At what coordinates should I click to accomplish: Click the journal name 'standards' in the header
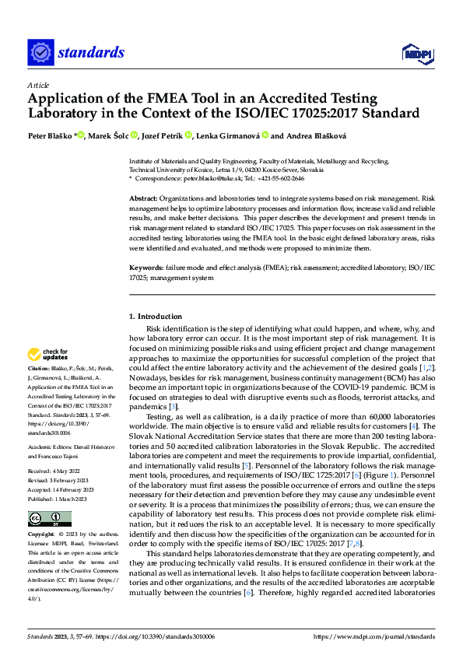point(91,52)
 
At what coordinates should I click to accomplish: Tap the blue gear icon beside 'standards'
point(40,53)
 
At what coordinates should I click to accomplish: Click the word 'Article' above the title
point(38,84)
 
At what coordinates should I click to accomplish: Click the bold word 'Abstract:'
point(146,199)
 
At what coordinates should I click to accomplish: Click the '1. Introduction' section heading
point(156,317)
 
